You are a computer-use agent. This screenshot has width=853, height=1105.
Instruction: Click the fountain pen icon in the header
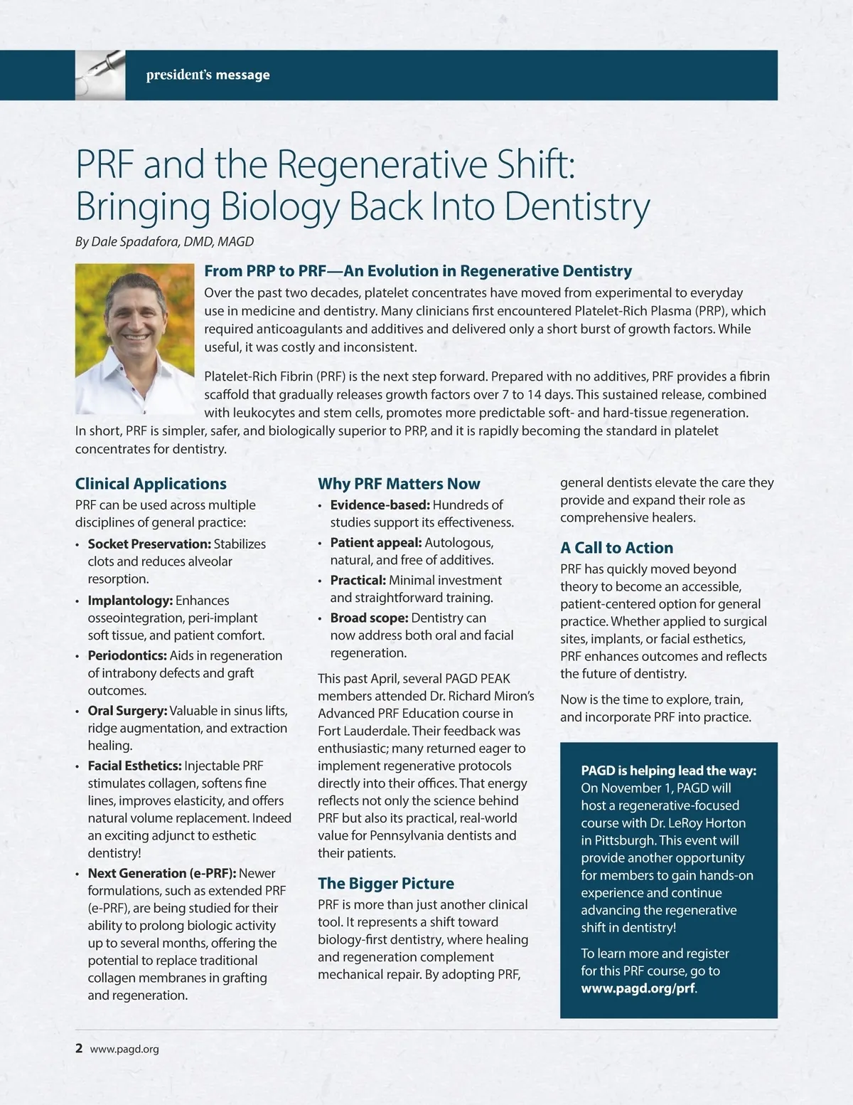click(x=100, y=75)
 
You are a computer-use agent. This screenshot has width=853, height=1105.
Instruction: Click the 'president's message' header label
click(x=208, y=75)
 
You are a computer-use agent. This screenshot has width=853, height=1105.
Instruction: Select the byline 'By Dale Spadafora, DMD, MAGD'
click(x=164, y=242)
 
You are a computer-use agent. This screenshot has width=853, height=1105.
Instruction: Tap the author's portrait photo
click(x=134, y=339)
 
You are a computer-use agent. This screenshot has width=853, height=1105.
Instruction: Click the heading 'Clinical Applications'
click(x=151, y=484)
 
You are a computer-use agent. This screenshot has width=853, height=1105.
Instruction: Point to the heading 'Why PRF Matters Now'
click(x=399, y=484)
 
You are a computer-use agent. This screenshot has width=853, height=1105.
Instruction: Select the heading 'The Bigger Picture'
click(x=385, y=884)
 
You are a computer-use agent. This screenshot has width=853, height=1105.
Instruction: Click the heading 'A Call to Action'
click(x=616, y=548)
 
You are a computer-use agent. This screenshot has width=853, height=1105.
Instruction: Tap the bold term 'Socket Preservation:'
click(x=149, y=544)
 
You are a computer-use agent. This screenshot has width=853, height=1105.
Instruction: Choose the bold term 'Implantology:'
click(x=130, y=601)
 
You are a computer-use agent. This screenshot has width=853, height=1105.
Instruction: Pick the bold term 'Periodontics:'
click(x=127, y=656)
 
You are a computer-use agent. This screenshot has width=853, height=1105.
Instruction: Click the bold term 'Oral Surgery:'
click(x=127, y=711)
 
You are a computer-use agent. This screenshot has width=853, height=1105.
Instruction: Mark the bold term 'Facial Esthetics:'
click(x=134, y=766)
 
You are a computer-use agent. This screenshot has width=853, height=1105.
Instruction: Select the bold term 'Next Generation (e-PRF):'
click(x=161, y=874)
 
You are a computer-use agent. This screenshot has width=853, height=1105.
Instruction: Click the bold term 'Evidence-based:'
click(x=380, y=505)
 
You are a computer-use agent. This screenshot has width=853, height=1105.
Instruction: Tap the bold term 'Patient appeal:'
click(x=376, y=543)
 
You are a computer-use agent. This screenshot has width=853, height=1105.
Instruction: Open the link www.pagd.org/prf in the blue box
click(x=638, y=989)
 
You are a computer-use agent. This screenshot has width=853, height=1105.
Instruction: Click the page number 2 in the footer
click(x=79, y=1048)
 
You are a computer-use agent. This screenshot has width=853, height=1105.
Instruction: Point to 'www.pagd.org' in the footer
click(x=124, y=1049)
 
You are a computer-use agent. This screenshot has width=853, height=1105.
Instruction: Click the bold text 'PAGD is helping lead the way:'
click(x=668, y=771)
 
